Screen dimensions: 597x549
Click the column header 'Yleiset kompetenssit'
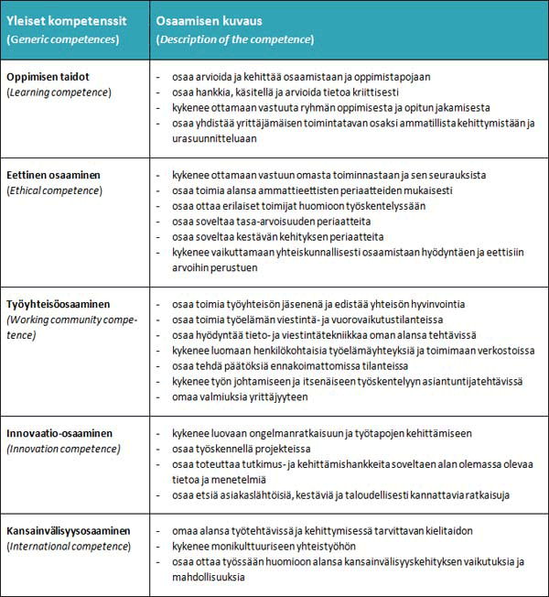click(x=66, y=20)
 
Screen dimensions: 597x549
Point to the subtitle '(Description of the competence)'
click(x=235, y=39)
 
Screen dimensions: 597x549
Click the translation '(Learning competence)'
click(x=59, y=92)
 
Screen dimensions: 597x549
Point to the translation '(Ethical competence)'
click(x=55, y=190)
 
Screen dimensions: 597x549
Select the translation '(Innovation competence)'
click(x=65, y=449)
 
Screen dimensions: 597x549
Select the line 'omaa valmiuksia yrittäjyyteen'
click(x=242, y=396)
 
